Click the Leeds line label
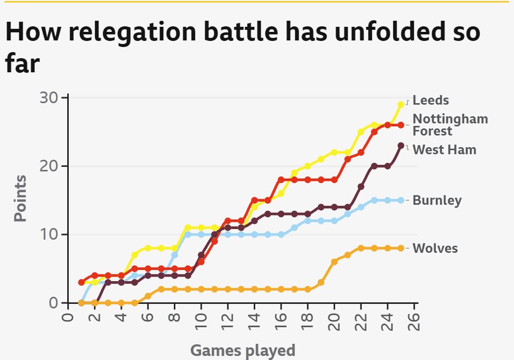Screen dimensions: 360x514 point(430,100)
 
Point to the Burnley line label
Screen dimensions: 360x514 point(437,200)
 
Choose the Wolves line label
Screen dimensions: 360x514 point(435,248)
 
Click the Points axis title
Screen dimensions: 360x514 point(20,198)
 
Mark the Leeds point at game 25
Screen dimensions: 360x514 point(401,104)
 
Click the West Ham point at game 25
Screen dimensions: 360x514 point(401,146)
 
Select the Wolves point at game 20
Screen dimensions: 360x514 point(334,261)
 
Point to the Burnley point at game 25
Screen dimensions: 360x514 point(401,200)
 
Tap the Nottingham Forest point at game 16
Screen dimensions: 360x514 point(281,179)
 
